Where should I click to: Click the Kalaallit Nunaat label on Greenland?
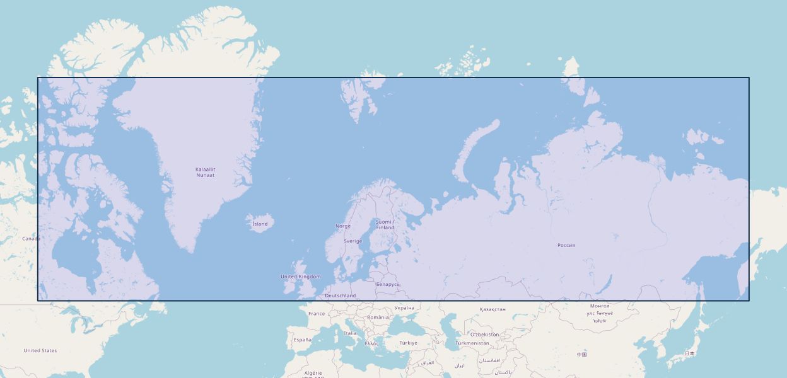[205, 172]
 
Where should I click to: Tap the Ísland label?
[260, 224]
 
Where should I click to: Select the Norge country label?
[343, 226]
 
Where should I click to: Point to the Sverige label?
[353, 241]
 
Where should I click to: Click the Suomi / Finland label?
[385, 224]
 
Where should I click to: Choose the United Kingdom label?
[301, 277]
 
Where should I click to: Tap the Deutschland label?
[341, 295]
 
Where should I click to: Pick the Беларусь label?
[388, 284]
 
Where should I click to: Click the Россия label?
[566, 245]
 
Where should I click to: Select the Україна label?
[404, 308]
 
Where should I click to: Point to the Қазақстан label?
[493, 309]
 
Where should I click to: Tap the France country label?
[317, 314]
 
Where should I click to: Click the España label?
[302, 340]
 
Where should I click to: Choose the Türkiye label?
[408, 343]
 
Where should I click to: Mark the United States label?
[40, 350]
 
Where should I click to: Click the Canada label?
[32, 239]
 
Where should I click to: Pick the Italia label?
[350, 333]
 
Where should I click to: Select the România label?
[378, 318]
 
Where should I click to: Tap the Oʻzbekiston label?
[484, 335]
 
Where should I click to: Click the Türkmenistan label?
[472, 343]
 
